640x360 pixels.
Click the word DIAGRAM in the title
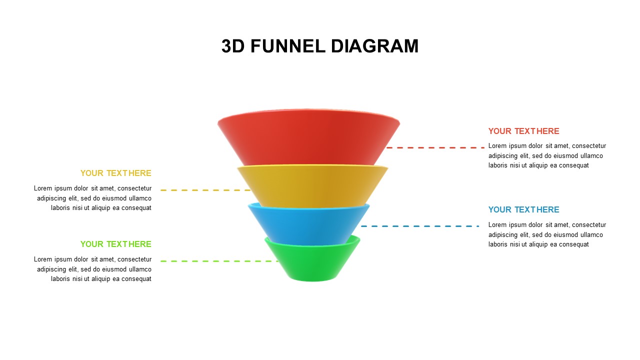374,46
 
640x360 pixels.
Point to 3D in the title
232,46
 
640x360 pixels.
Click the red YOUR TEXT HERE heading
523,131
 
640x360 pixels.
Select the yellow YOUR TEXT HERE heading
115,173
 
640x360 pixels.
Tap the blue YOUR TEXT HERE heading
523,209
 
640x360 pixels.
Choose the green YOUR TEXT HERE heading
115,244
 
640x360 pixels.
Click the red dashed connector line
435,147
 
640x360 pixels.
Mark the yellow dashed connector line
205,190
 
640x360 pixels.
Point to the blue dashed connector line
420,226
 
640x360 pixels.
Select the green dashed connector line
219,261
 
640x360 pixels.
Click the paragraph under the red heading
546,155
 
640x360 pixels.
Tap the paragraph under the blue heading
546,234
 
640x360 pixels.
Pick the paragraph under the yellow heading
93,198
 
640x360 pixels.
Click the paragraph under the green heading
93,269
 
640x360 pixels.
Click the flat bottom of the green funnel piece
313,279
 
